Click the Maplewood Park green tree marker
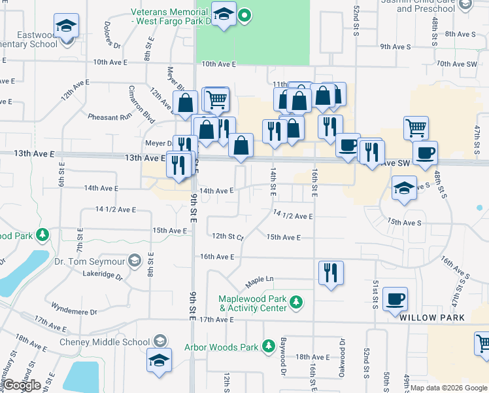coord(297,302)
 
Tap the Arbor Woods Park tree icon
coord(268,345)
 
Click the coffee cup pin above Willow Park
coord(396,300)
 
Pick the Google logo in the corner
coord(21,385)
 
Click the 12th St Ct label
coord(227,236)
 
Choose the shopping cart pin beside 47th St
coord(416,127)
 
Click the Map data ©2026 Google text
coord(448,388)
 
